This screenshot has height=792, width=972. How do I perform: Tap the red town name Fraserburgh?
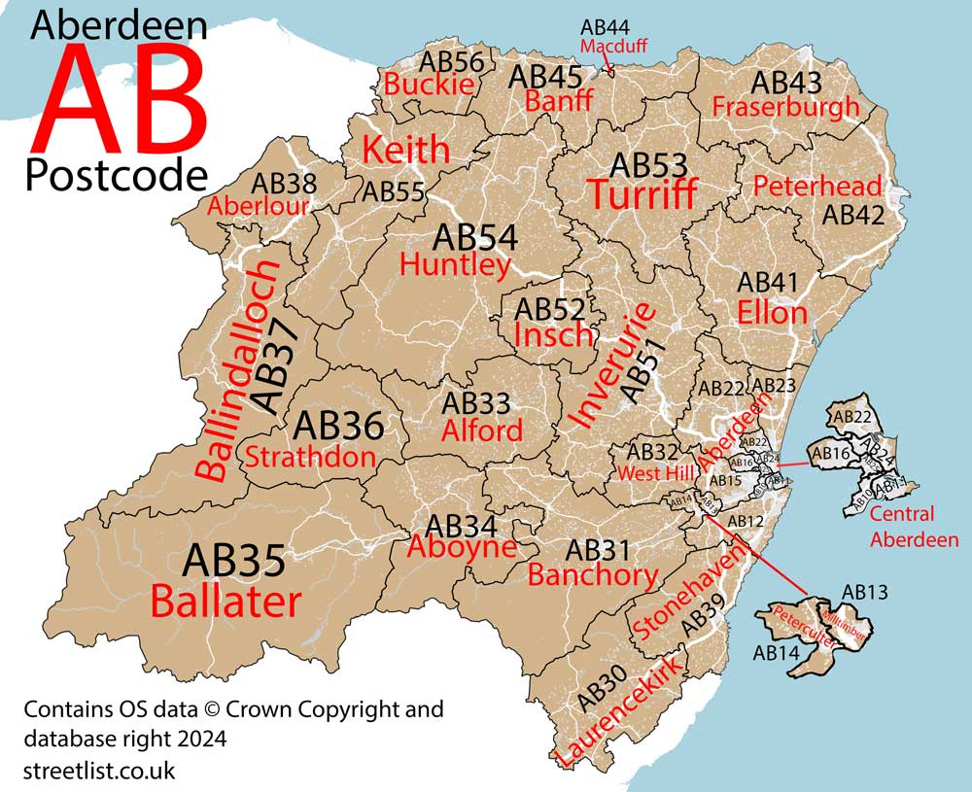pos(785,107)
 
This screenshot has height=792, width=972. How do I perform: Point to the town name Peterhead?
pos(817,186)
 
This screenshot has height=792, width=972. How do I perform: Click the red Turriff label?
pos(642,195)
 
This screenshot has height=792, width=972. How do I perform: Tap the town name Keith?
pos(405,151)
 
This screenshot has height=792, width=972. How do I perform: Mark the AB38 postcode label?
pos(284,183)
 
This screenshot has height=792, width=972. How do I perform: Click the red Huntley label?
pos(455,264)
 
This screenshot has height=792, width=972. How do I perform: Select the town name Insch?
pos(553,335)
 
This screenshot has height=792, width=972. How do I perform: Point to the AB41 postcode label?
pos(768,283)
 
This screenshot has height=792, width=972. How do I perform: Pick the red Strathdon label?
pos(310,457)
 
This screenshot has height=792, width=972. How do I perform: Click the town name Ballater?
pos(226,602)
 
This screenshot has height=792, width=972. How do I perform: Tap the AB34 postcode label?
pos(462,526)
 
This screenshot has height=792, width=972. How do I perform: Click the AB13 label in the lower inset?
pos(865,592)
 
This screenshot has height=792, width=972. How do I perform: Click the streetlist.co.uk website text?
pos(99,771)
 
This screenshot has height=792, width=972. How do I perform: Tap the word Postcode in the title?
pos(117,175)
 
